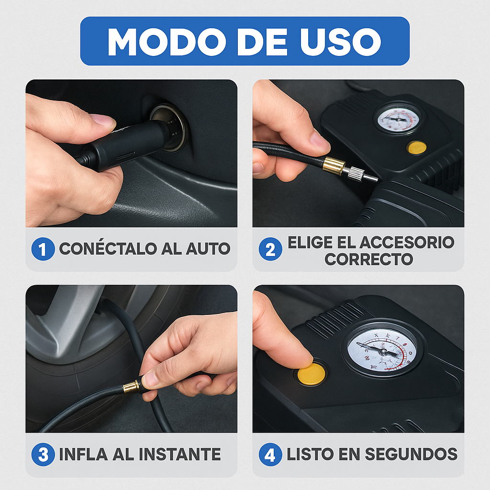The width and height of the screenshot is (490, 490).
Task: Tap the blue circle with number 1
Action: coord(43,249)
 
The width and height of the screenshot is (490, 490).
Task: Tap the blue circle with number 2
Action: coord(270,249)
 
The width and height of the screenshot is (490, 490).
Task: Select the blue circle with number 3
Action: coord(43,455)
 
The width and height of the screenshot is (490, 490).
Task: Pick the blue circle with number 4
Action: coord(270,455)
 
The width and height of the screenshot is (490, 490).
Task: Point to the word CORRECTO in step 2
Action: coord(368,259)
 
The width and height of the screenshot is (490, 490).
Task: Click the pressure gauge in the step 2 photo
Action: coord(398,119)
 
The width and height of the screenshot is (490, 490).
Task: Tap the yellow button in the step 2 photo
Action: coord(417,147)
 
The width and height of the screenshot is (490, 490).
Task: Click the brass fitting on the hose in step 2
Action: coord(334,166)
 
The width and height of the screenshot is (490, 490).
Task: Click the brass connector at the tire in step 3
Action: coord(131,387)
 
